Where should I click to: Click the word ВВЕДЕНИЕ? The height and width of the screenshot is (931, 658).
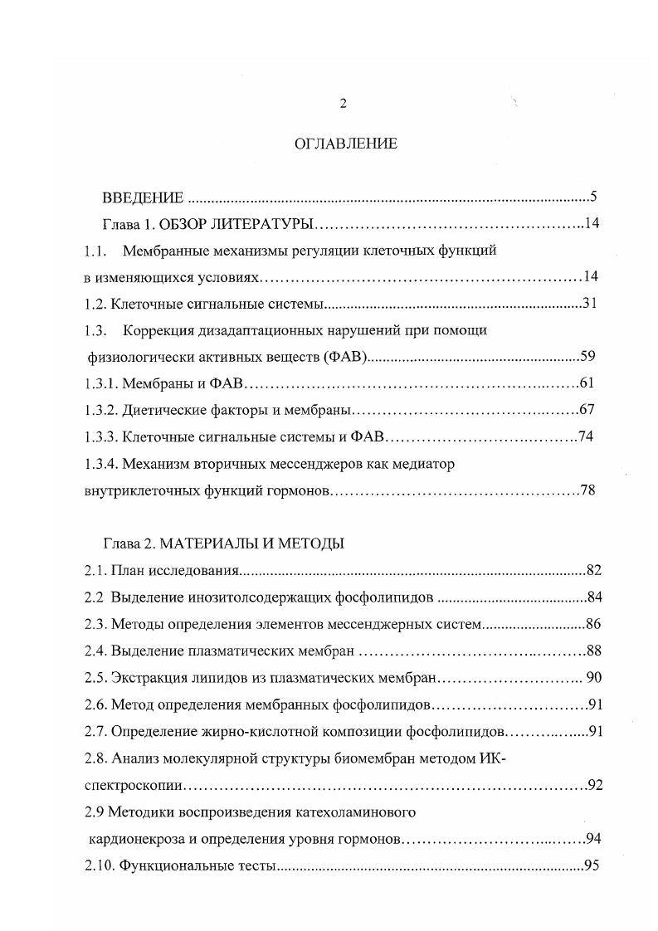point(142,197)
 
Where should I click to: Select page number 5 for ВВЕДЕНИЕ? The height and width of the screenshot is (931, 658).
point(593,197)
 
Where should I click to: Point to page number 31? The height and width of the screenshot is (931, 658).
point(589,303)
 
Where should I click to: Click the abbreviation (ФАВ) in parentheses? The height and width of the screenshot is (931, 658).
point(346,358)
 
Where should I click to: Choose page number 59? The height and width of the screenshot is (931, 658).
point(587,357)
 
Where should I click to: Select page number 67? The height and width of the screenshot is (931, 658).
point(587,409)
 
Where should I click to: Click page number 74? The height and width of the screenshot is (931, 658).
point(585,436)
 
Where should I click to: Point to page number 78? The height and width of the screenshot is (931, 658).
point(587,490)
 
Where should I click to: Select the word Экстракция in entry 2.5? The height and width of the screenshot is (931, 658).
point(143,677)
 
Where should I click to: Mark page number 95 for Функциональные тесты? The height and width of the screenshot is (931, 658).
point(591,865)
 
